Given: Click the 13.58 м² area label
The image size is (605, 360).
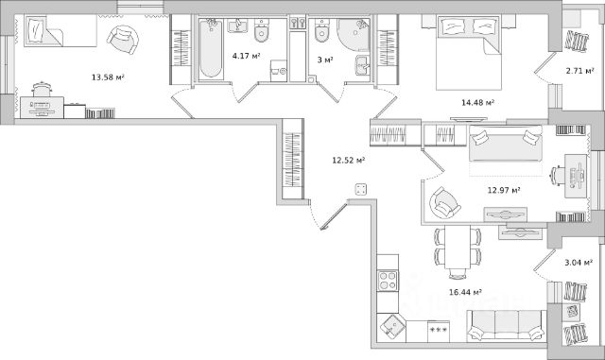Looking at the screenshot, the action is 108,77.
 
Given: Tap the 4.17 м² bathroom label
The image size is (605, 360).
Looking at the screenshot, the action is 246,56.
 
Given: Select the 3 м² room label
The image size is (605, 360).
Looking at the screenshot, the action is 325,60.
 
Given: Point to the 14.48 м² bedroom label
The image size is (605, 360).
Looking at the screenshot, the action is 477,103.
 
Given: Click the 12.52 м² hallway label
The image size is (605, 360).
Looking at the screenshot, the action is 349,160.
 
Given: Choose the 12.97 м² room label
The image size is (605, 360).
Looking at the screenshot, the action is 504,190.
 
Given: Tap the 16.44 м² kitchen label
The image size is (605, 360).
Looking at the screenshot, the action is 465,292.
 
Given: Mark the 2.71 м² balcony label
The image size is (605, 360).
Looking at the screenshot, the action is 579,71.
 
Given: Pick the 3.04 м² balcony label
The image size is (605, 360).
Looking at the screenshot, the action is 579,263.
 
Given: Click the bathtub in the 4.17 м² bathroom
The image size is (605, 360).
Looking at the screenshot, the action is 211,48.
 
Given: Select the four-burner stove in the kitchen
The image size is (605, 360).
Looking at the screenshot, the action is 388,281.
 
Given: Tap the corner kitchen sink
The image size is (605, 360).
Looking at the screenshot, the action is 392,328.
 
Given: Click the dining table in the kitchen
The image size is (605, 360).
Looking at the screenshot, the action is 458,247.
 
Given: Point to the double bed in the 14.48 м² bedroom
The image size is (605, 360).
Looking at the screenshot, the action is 469,53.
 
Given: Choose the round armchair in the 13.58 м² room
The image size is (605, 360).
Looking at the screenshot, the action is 122,40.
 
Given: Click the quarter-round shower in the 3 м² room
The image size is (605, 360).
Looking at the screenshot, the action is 353,35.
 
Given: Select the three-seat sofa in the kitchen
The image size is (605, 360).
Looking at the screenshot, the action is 507,326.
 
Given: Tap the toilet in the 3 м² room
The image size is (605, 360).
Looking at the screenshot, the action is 321,30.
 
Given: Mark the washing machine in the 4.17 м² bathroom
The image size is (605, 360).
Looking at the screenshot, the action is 279,71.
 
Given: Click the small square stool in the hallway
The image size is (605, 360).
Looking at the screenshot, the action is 361,189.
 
